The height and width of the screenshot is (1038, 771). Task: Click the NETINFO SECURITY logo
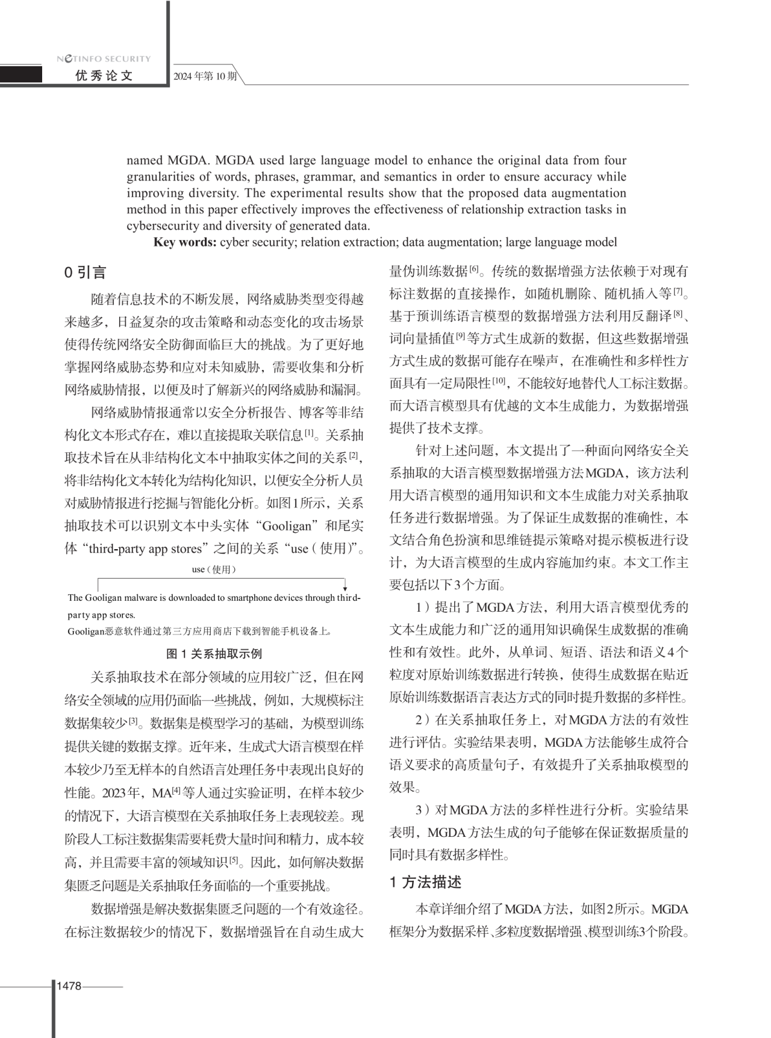click(x=104, y=58)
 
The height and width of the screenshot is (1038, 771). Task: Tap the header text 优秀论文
click(x=104, y=76)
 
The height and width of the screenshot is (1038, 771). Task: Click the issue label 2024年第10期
click(x=205, y=76)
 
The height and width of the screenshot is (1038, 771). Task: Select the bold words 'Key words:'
click(x=185, y=243)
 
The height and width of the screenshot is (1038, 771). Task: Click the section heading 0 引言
click(x=85, y=273)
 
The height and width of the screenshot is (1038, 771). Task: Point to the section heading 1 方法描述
click(x=425, y=883)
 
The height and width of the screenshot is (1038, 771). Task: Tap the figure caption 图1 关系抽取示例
click(x=214, y=654)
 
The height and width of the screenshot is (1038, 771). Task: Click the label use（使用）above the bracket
click(x=214, y=570)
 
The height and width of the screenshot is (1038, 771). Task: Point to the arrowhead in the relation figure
click(x=345, y=588)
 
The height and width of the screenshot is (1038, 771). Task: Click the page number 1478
click(x=69, y=986)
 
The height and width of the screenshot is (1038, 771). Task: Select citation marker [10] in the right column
click(x=499, y=381)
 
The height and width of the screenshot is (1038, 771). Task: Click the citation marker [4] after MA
click(x=176, y=790)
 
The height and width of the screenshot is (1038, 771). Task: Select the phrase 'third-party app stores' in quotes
click(x=145, y=549)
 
